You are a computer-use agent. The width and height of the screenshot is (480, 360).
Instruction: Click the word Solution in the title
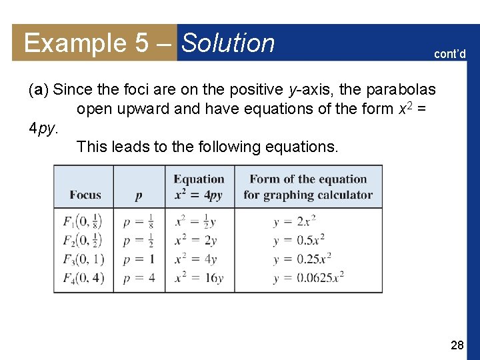pyautogui.click(x=228, y=43)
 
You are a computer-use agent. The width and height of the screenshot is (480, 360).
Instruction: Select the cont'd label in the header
pyautogui.click(x=450, y=54)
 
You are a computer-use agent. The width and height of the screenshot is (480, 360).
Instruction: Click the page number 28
pyautogui.click(x=457, y=345)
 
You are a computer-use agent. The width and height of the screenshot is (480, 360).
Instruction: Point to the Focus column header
pyautogui.click(x=85, y=195)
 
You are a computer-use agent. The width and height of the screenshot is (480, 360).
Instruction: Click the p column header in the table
pyautogui.click(x=139, y=195)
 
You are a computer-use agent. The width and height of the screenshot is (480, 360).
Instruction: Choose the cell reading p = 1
pyautogui.click(x=139, y=259)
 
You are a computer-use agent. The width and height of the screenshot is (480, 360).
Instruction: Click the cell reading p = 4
pyautogui.click(x=139, y=277)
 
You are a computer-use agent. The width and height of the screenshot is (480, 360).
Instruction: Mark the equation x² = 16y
pyautogui.click(x=199, y=277)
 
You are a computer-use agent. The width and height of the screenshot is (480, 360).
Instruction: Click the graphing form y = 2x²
pyautogui.click(x=294, y=221)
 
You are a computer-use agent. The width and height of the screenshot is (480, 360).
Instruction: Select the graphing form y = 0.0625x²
pyautogui.click(x=308, y=277)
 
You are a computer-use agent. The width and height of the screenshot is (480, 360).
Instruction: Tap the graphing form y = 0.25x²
pyautogui.click(x=302, y=259)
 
